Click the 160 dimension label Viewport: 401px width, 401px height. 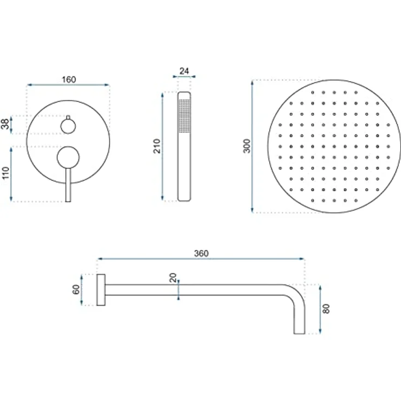click(x=69, y=80)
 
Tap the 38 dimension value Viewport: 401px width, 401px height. click(x=5, y=124)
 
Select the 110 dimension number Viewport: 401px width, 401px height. click(x=5, y=173)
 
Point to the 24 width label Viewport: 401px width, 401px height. click(x=184, y=71)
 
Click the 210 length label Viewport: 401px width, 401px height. click(x=157, y=146)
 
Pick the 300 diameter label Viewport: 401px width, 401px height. click(x=247, y=146)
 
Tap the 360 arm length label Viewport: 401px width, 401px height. click(x=201, y=253)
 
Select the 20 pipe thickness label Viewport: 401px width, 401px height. click(x=173, y=278)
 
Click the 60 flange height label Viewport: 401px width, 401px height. click(x=76, y=290)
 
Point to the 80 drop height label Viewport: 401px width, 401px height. click(x=326, y=309)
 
